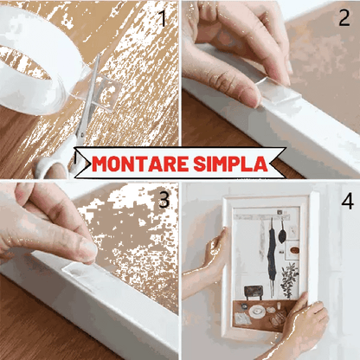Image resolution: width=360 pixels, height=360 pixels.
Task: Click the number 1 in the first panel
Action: (163, 18)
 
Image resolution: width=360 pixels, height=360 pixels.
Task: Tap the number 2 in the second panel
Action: (344, 18)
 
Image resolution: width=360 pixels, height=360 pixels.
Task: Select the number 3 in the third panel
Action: (164, 199)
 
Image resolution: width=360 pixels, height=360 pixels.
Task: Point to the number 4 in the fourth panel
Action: (347, 201)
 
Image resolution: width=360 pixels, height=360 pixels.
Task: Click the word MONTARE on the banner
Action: (140, 164)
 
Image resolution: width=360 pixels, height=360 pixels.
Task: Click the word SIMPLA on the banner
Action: (231, 164)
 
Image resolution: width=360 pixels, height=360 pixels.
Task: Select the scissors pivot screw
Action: (81, 133)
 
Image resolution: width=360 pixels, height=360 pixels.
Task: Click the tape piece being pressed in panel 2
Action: (279, 93)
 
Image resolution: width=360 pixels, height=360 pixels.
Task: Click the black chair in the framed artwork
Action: (254, 292)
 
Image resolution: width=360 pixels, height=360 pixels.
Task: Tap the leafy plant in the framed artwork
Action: (290, 280)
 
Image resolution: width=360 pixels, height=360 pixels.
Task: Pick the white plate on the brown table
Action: (257, 312)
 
